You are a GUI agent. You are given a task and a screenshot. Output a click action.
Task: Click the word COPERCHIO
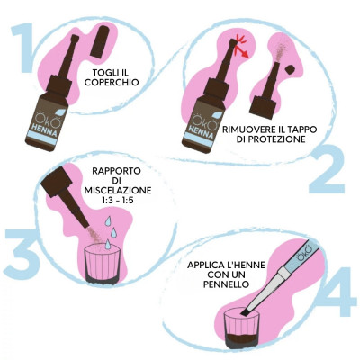[112, 82]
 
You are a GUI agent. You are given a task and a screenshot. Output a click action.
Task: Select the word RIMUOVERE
[250, 130]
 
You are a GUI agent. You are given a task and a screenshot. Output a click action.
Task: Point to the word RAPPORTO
[116, 171]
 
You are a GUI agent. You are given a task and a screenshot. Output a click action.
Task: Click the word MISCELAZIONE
[118, 191]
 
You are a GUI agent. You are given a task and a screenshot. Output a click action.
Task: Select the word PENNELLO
[226, 284]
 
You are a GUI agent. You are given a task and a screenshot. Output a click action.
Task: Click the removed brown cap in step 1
[100, 41]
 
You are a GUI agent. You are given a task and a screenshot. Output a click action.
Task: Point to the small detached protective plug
[290, 69]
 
